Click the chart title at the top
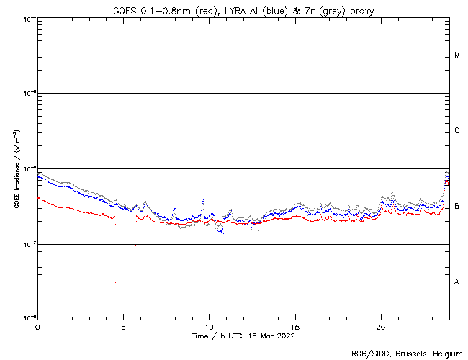pyautogui.click(x=243, y=10)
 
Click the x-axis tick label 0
pyautogui.click(x=37, y=326)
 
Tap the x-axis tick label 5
pyautogui.click(x=123, y=326)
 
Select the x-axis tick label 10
pyautogui.click(x=209, y=326)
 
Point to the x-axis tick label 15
pyautogui.click(x=295, y=326)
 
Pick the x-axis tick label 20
pyautogui.click(x=381, y=326)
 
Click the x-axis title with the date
pyautogui.click(x=243, y=336)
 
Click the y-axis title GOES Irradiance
pyautogui.click(x=16, y=170)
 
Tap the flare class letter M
pyautogui.click(x=457, y=55)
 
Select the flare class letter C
pyautogui.click(x=457, y=131)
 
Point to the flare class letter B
pyautogui.click(x=457, y=207)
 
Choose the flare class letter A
pyautogui.click(x=457, y=282)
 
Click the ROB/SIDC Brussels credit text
pyautogui.click(x=408, y=353)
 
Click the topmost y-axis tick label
pyautogui.click(x=30, y=18)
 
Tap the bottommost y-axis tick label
pyautogui.click(x=30, y=318)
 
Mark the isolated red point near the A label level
pyautogui.click(x=115, y=283)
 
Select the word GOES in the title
pyautogui.click(x=125, y=10)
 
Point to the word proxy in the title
pyautogui.click(x=359, y=10)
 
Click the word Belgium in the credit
pyautogui.click(x=447, y=353)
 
